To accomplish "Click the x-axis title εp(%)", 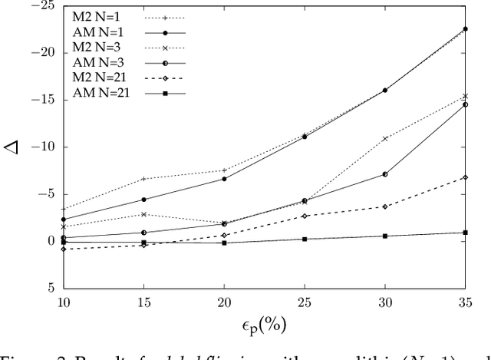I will click(262, 325).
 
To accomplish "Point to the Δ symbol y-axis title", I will click(13, 147).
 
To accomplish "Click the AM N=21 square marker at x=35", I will click(465, 233).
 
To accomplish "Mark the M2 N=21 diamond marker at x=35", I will click(465, 177).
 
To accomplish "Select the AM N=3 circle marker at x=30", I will click(384, 174).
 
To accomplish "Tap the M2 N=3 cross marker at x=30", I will click(384, 139).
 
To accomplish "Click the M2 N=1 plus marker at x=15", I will click(143, 179).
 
